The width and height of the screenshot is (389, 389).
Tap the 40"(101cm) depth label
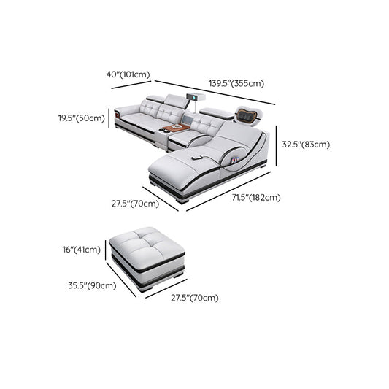(x=128, y=74)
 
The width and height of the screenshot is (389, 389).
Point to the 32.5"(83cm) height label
(x=306, y=145)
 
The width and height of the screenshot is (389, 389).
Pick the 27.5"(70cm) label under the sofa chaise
(x=135, y=204)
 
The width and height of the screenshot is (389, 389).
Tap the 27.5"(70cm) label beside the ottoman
(x=195, y=298)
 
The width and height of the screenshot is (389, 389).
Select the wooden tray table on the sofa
(x=176, y=129)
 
